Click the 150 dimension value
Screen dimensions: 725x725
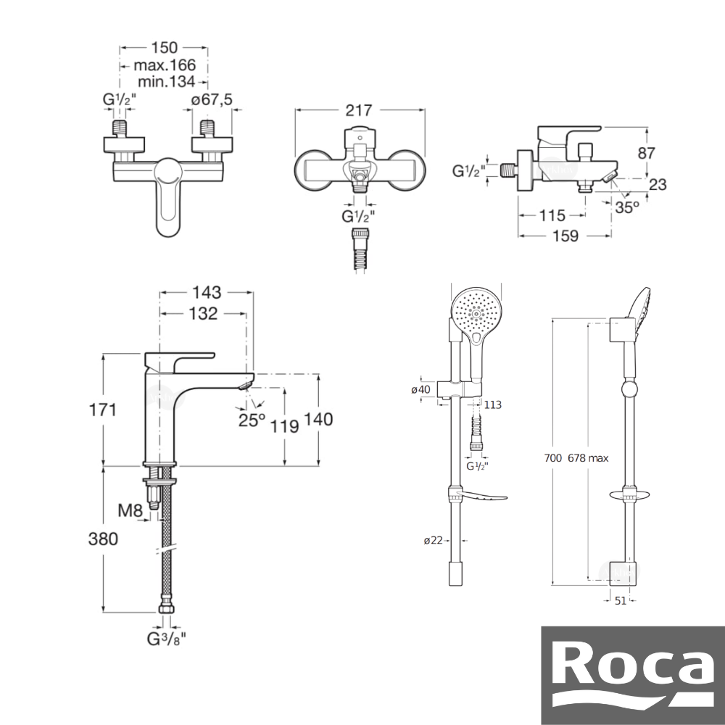pyautogui.click(x=164, y=47)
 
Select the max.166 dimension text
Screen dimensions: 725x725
pyautogui.click(x=165, y=65)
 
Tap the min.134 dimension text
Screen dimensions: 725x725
pyautogui.click(x=167, y=82)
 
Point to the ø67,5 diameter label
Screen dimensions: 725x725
pyautogui.click(x=212, y=99)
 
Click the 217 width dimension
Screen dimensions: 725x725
pyautogui.click(x=359, y=110)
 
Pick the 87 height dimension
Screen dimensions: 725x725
pyautogui.click(x=647, y=152)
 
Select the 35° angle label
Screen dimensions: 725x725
pyautogui.click(x=627, y=207)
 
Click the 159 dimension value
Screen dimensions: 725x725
pyautogui.click(x=565, y=236)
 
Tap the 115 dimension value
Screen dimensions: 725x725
pyautogui.click(x=552, y=215)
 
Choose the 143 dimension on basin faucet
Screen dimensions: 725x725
pyautogui.click(x=207, y=292)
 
